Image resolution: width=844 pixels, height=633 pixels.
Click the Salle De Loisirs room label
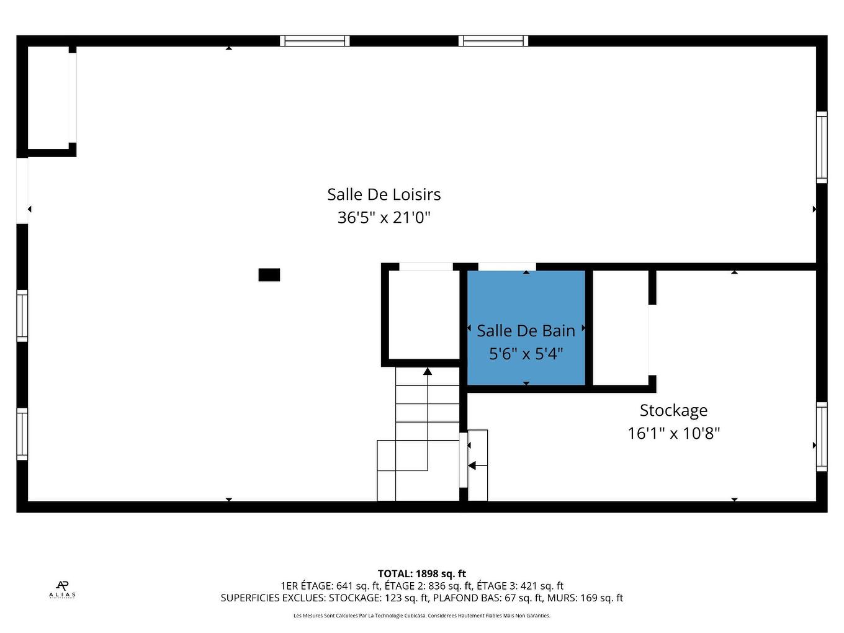point(384,194)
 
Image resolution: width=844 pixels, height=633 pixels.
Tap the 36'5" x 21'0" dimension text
point(384,218)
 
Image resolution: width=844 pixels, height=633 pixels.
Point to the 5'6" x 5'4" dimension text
point(526,354)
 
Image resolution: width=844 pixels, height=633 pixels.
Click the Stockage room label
point(673,410)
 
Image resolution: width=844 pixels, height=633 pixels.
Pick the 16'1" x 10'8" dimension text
point(673,433)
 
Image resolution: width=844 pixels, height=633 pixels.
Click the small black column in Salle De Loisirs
point(269,275)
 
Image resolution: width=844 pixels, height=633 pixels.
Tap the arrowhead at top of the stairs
point(428,371)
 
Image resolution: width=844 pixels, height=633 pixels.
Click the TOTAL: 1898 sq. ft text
point(421,574)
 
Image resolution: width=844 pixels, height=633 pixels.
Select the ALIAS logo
point(62,588)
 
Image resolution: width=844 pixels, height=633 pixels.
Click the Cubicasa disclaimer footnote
point(421,616)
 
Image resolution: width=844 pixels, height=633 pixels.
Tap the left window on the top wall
point(315,41)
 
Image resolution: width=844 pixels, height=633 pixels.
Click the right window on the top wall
point(493,41)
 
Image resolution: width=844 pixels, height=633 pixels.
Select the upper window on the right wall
point(822,147)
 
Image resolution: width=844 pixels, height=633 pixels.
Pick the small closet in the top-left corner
point(48,99)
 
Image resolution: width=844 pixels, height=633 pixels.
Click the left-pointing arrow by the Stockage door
point(472,465)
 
